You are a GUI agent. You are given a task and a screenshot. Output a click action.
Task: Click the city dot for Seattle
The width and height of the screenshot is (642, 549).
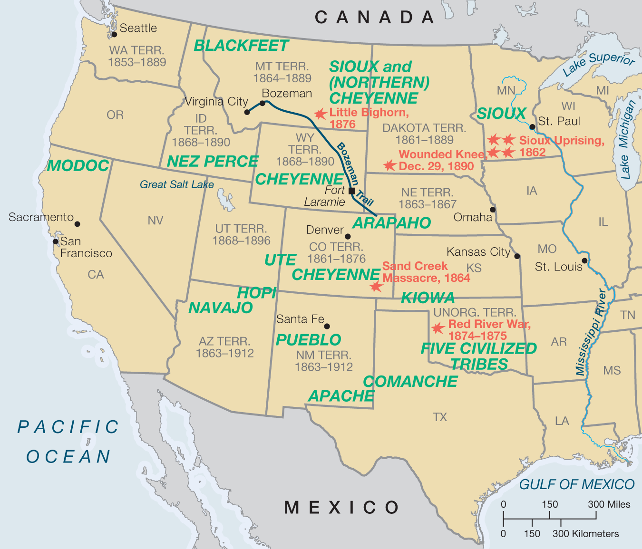[114, 34]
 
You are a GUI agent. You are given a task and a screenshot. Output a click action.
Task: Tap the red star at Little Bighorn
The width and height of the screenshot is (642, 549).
[321, 114]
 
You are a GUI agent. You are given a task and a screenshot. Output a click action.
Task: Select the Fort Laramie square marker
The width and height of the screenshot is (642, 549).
[352, 191]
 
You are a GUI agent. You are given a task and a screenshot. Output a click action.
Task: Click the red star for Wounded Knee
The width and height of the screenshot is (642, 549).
[389, 165]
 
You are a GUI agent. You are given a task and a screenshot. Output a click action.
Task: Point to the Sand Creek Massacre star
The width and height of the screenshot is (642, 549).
[376, 286]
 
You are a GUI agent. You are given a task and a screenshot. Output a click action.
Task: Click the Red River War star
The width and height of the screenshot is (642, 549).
[438, 328]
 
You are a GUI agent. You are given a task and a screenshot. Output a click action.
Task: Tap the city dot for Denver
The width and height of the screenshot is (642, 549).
[348, 236]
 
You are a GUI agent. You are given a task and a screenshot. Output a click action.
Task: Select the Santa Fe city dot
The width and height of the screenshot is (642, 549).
[327, 326]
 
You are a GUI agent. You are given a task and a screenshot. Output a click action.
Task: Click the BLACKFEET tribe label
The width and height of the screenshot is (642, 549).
[241, 46]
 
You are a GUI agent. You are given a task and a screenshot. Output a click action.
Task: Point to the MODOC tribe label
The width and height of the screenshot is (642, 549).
[78, 165]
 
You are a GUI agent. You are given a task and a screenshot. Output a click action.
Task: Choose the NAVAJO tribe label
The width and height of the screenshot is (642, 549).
[221, 308]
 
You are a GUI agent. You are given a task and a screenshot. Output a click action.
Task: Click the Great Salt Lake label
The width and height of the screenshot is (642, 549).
[177, 184]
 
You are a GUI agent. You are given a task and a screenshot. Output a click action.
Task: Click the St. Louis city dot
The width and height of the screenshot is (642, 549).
[584, 260]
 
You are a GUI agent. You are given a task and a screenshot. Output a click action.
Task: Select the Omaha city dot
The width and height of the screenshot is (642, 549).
[493, 210]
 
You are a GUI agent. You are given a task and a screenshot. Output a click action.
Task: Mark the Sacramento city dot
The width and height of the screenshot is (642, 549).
[77, 224]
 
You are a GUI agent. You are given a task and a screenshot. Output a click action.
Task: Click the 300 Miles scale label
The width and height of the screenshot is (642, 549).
[609, 504]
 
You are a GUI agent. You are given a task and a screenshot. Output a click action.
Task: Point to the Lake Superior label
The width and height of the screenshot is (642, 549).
[599, 64]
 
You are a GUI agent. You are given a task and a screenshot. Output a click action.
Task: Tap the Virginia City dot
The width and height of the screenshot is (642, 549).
[247, 112]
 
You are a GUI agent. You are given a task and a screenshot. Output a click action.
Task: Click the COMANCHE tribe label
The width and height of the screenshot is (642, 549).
[410, 381]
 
